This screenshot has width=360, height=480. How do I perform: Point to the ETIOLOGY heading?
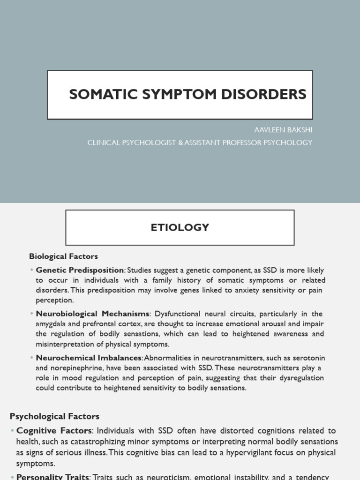tap(180, 228)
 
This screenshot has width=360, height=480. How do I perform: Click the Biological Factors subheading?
tap(63, 256)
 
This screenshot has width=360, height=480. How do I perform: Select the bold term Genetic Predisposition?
tap(80, 270)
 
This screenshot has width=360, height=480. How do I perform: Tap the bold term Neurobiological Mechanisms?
tap(92, 314)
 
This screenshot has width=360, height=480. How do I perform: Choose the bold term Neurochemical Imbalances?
tap(89, 358)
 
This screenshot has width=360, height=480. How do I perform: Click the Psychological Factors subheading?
tap(54, 416)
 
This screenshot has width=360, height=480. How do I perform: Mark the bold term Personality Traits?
tap(52, 477)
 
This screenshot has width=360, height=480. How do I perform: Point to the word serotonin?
tap(307, 358)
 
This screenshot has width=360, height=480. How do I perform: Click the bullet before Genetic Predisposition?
tap(32, 270)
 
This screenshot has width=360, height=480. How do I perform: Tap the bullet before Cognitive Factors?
tap(12, 431)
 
